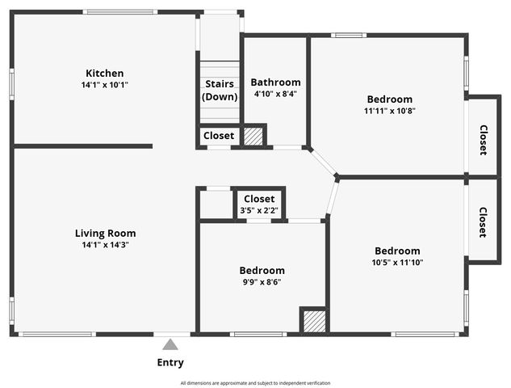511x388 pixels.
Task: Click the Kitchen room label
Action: pos(105,73)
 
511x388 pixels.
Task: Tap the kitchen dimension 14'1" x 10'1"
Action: pos(105,84)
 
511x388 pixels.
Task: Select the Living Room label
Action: pos(105,233)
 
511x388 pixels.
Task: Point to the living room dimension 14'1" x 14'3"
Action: pos(105,244)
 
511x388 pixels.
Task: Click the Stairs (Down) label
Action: pos(220,90)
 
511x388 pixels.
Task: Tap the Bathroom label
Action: pos(275,82)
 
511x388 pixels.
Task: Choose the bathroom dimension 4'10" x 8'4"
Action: pos(275,94)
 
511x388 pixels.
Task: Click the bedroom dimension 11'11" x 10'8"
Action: pos(389,111)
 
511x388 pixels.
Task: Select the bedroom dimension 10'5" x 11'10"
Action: pos(397,262)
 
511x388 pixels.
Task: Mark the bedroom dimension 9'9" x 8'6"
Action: pos(262,282)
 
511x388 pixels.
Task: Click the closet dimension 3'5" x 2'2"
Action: pos(259,211)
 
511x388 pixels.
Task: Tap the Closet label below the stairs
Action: pos(219,136)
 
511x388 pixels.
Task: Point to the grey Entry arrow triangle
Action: pos(170,344)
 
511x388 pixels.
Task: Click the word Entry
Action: pos(170,363)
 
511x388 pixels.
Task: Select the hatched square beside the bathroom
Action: pos(253,136)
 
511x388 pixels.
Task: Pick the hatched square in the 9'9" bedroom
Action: pos(313,320)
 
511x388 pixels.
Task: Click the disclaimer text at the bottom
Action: pos(255,383)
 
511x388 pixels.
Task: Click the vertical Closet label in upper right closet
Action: pos(483,139)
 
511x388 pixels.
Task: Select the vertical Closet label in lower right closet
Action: pos(483,222)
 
